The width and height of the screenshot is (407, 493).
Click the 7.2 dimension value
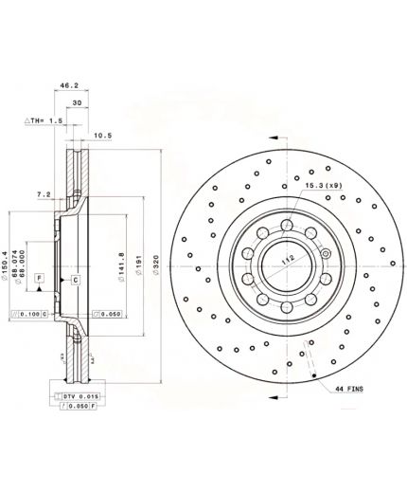[44, 194]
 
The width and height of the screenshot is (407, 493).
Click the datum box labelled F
[39, 277]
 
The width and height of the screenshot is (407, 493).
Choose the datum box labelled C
[74, 281]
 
